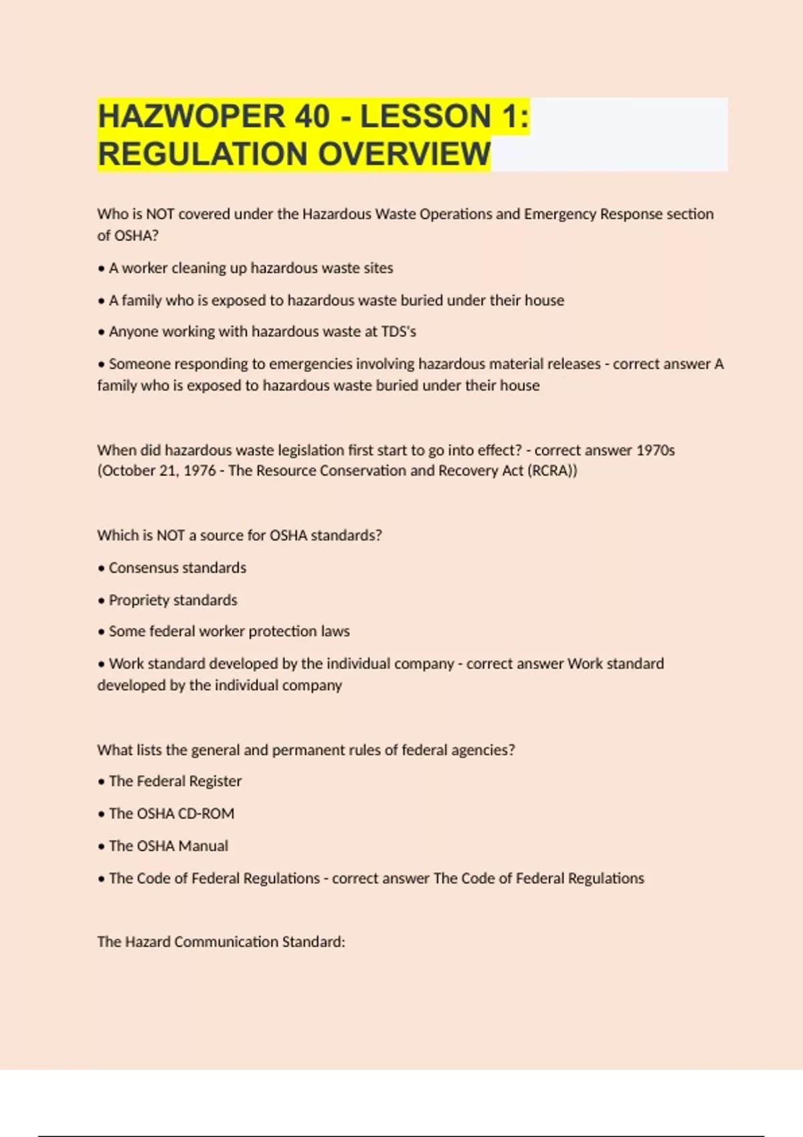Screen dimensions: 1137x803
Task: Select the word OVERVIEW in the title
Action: tap(404, 154)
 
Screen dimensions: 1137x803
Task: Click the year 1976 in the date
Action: tap(199, 471)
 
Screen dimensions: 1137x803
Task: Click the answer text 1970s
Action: tap(655, 450)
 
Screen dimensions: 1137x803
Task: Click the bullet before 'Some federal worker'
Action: tap(102, 632)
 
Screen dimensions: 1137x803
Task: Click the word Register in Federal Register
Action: tap(215, 781)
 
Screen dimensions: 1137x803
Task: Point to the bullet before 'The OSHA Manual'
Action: tap(102, 847)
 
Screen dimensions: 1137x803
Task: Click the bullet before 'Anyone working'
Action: tap(102, 332)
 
